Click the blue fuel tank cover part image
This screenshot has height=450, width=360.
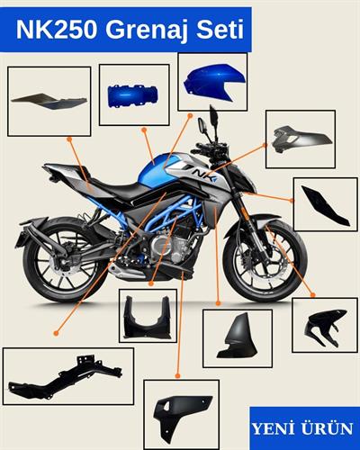click(211, 82)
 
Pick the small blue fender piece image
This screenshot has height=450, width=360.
click(133, 94)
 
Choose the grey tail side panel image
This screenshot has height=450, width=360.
click(49, 101)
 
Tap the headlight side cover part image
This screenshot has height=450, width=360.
click(300, 139)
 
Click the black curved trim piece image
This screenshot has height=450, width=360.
click(324, 204)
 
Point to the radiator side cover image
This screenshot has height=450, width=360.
click(237, 338)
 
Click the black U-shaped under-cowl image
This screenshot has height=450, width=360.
click(148, 317)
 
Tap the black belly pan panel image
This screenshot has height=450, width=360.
click(181, 415)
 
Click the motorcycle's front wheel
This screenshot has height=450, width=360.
click(263, 261)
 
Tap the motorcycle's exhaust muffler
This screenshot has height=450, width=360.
click(40, 236)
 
